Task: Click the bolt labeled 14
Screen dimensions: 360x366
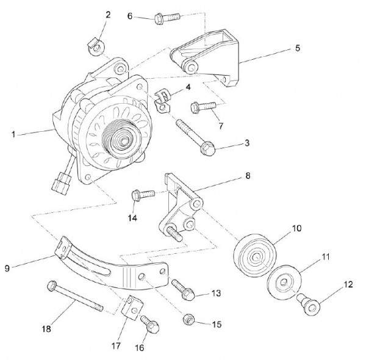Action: tap(140, 196)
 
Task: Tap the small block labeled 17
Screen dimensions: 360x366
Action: tap(131, 308)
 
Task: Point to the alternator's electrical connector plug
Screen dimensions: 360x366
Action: tap(61, 181)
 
